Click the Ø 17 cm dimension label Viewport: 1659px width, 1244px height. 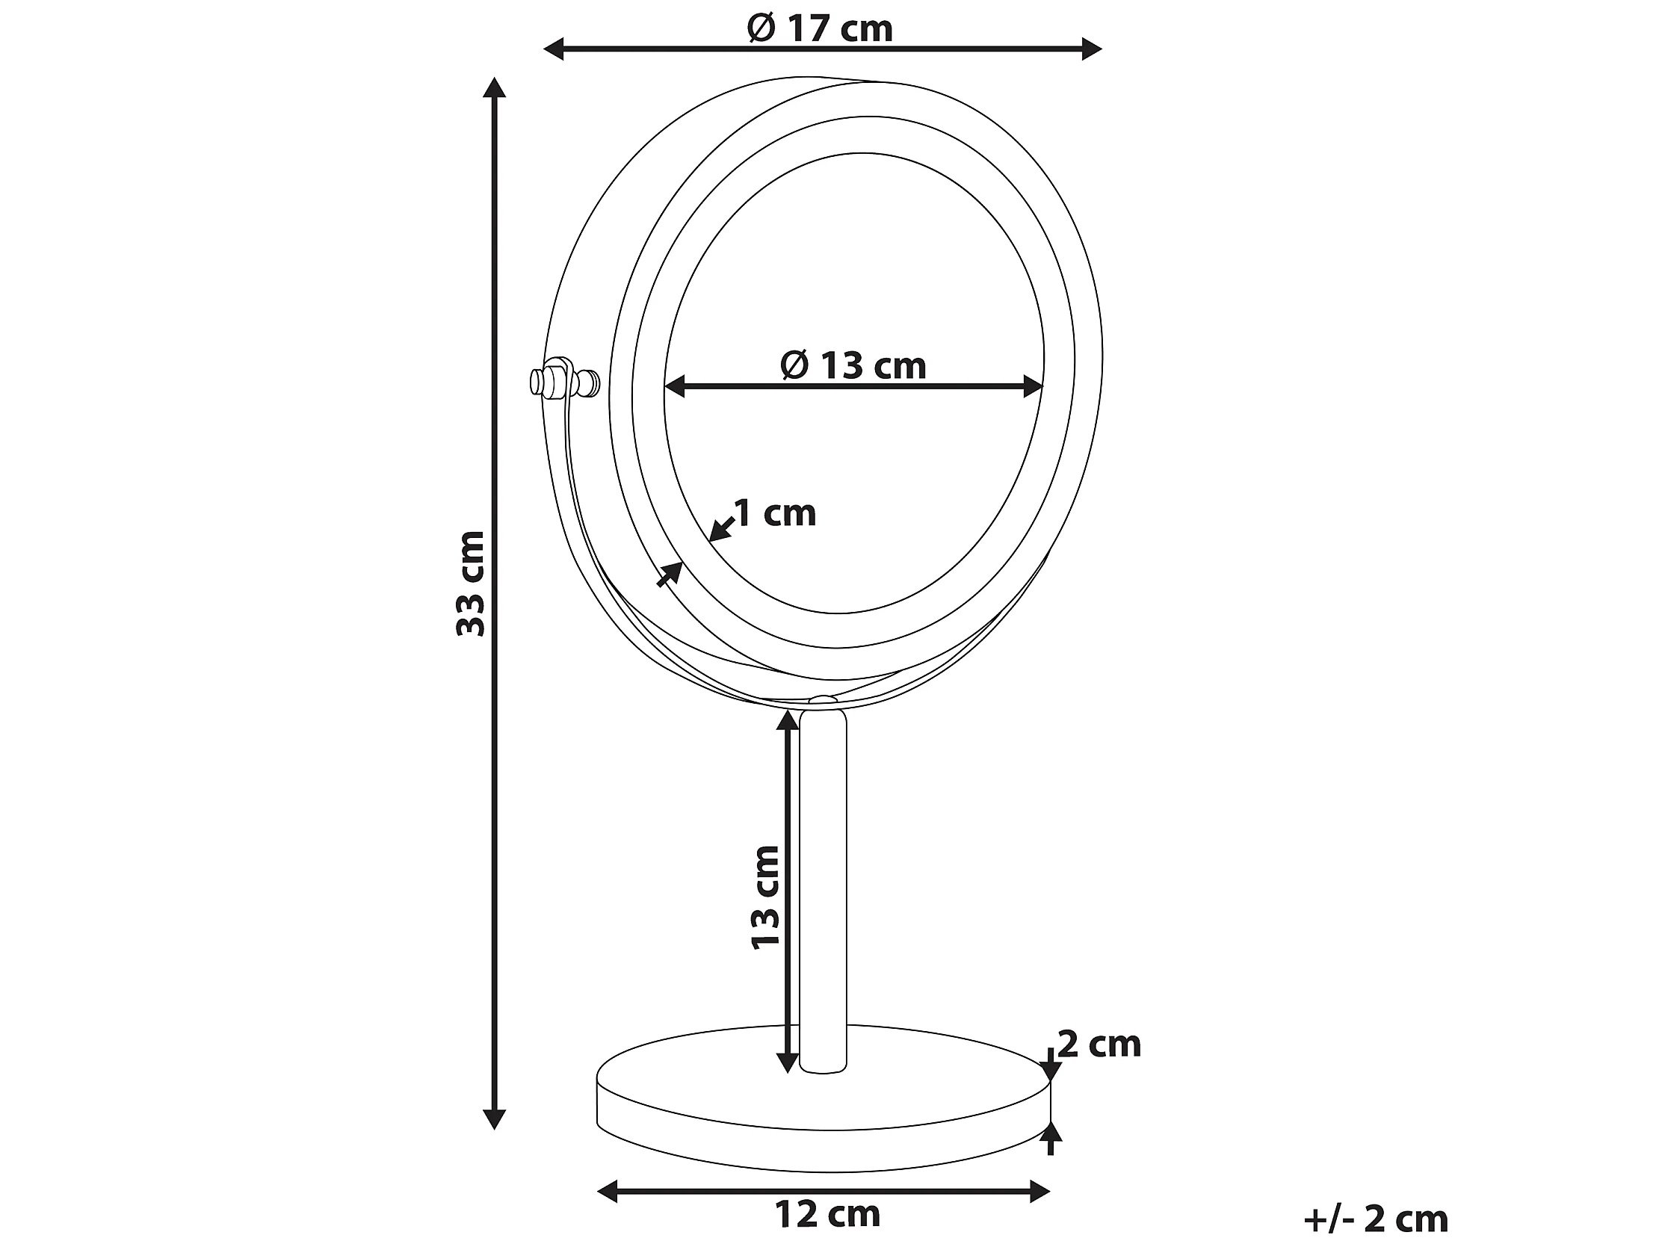tap(820, 28)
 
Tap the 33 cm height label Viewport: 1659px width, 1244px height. tap(471, 584)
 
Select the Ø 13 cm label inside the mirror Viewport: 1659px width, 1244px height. tap(853, 366)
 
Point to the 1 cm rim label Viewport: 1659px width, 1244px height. tap(775, 513)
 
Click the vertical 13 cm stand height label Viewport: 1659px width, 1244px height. tap(766, 897)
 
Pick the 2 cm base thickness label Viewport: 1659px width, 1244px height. tap(1099, 1044)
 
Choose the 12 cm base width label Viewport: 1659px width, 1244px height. tap(827, 1214)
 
